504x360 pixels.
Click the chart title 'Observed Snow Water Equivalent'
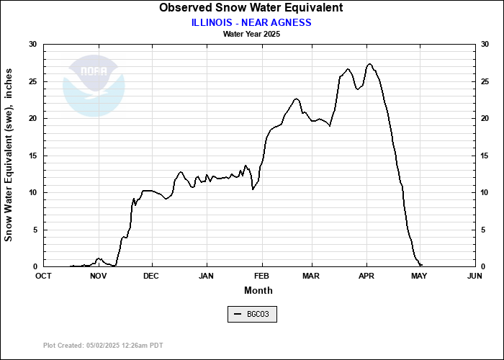pos(251,8)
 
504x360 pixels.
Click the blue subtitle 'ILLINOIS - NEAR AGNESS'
pos(251,22)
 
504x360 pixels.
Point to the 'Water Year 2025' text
pos(251,34)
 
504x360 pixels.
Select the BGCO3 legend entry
pos(251,315)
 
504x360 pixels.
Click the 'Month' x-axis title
pos(258,290)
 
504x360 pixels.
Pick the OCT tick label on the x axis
pos(44,276)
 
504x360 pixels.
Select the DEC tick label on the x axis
pos(151,276)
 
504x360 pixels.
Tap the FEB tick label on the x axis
pos(261,276)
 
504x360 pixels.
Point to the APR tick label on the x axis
pos(367,276)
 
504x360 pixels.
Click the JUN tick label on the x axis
pos(474,276)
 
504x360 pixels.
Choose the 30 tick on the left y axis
pos(32,45)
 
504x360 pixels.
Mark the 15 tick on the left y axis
pos(32,156)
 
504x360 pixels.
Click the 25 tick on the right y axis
pos(485,81)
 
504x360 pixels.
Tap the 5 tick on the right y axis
pos(482,230)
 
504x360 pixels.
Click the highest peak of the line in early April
pos(369,64)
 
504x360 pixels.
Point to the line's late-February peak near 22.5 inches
pos(296,99)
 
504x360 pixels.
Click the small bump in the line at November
pos(99,258)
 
